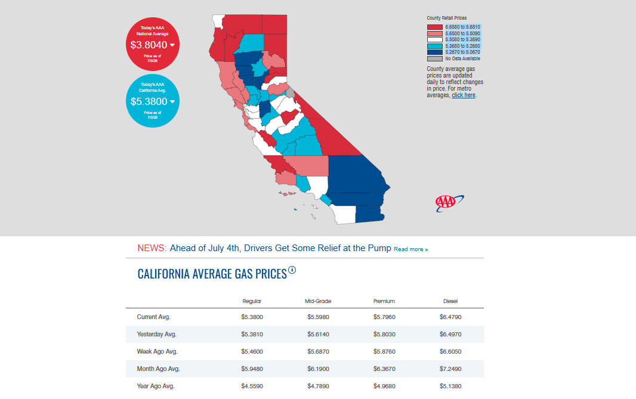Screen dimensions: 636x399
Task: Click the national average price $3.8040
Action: point(149,45)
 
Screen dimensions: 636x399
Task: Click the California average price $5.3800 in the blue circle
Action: point(149,101)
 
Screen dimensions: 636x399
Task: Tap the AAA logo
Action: point(449,203)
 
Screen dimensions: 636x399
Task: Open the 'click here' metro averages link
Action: point(464,95)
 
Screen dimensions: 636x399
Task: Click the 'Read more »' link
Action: point(410,249)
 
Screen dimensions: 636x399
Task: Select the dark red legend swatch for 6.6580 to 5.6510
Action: point(434,27)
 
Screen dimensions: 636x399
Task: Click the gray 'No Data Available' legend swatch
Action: point(434,58)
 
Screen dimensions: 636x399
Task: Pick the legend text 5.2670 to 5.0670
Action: point(462,52)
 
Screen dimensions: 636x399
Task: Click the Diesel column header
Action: point(450,301)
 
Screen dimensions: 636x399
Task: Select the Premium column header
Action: point(384,301)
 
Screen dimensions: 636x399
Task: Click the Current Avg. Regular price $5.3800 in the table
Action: point(252,317)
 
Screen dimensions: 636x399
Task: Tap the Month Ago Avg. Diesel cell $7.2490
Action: point(450,369)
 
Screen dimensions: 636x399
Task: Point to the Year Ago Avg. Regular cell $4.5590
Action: point(252,386)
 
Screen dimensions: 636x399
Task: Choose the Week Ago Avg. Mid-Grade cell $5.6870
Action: point(318,351)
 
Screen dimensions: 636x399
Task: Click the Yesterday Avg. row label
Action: point(156,335)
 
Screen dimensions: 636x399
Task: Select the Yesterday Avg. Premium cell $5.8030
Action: point(384,335)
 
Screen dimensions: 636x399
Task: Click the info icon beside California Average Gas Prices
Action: point(292,270)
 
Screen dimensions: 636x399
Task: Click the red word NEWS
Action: point(152,248)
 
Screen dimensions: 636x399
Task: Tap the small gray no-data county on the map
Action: point(291,93)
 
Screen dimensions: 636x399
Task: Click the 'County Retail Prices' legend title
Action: point(447,18)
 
